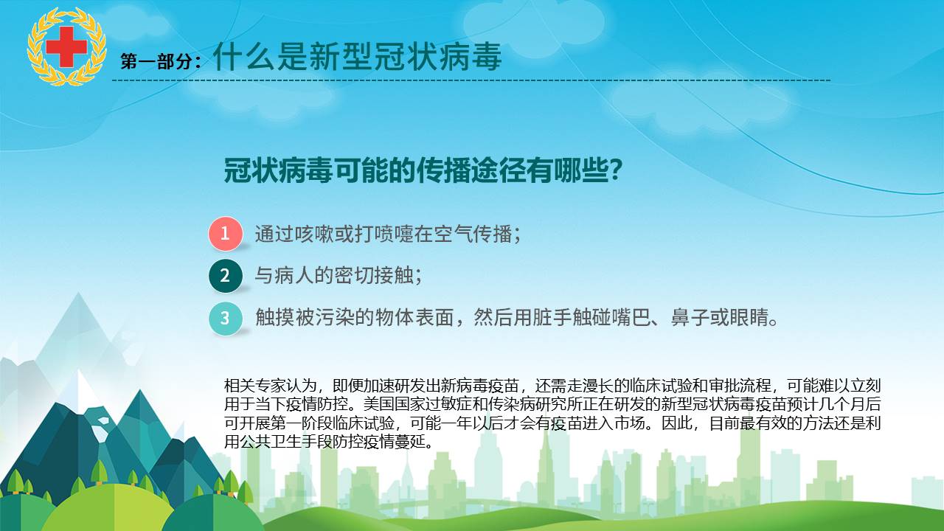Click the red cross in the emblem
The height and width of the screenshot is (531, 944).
(x=66, y=46)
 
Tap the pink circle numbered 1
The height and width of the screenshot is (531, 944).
(x=226, y=234)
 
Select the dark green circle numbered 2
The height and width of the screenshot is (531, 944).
(x=226, y=276)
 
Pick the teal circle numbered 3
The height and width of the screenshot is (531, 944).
(x=226, y=318)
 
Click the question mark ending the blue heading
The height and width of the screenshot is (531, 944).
(x=616, y=170)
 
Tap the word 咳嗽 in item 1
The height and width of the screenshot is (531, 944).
(x=314, y=234)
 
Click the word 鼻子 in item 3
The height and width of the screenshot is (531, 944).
(x=690, y=317)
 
